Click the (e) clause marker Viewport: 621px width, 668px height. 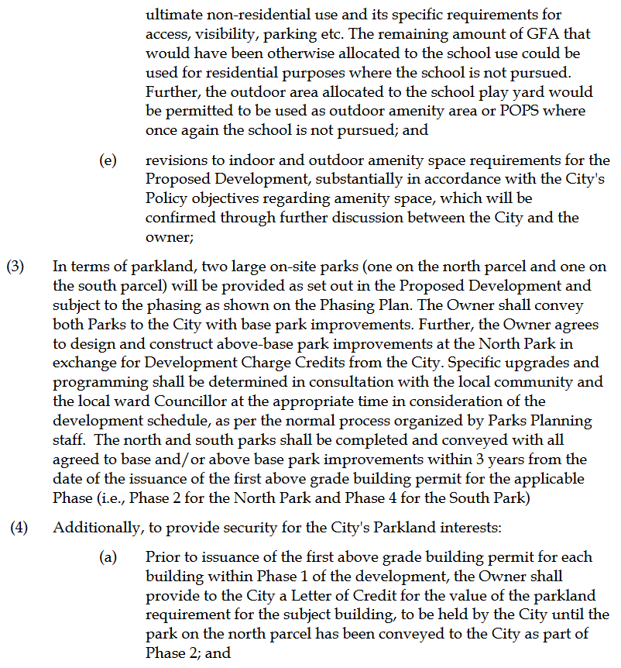coord(108,160)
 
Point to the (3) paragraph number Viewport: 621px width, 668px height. coord(15,267)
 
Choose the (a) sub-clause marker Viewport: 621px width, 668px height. coord(108,558)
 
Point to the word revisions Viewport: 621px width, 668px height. coord(173,160)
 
